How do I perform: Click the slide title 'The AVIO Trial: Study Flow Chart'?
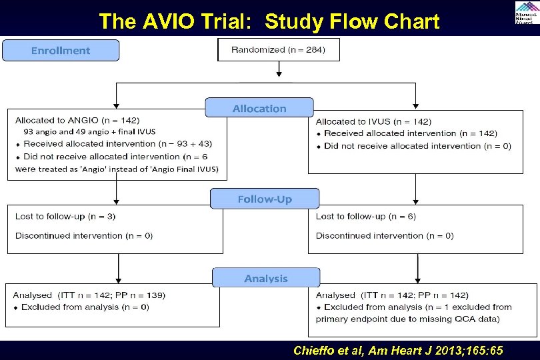269,21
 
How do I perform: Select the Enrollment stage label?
61,51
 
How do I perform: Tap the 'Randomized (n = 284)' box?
278,50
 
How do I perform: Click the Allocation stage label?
259,109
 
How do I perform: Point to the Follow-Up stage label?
265,199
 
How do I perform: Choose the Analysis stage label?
266,278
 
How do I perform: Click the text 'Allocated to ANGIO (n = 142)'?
77,121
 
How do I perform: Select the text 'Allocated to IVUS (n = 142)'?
373,121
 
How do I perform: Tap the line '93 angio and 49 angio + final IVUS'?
89,132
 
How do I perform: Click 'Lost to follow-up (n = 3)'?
65,217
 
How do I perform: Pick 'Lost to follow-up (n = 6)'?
366,217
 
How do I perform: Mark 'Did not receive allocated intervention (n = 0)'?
417,146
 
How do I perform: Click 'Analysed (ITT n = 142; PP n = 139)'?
90,295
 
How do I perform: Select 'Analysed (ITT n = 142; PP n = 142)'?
392,295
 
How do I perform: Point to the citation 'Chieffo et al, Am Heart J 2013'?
398,351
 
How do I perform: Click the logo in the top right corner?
525,13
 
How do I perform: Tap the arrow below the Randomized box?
279,69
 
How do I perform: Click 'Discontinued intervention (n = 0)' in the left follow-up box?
84,235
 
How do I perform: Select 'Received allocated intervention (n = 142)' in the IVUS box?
410,133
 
